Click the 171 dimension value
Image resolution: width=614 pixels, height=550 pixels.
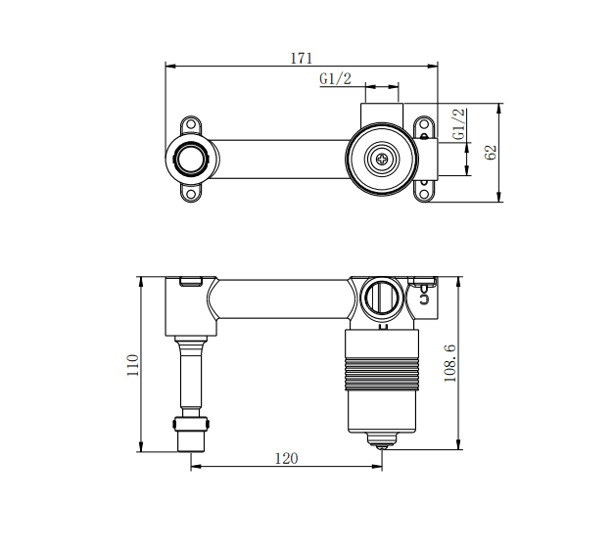pos(301,58)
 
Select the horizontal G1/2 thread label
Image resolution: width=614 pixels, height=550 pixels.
pos(335,79)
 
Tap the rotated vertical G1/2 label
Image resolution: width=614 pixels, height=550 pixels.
pos(457,124)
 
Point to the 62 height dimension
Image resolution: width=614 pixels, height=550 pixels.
pos(492,152)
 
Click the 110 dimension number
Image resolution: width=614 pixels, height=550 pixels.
pos(133,365)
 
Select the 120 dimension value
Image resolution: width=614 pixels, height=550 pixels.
pos(286,457)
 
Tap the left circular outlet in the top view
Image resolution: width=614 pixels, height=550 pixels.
pos(191,158)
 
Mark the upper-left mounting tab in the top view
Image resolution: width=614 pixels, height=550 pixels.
pos(190,125)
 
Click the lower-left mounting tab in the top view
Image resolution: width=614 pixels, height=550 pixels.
pos(190,191)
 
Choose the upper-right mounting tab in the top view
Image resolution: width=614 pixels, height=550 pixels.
pos(424,126)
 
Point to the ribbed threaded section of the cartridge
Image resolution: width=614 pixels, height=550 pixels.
pos(381,372)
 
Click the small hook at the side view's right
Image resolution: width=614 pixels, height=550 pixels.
pos(424,296)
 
